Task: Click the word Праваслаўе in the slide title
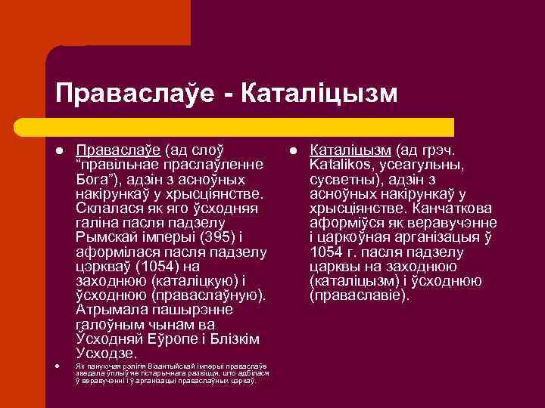coord(134,92)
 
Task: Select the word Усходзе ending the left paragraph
coord(106,353)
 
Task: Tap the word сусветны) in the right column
coord(340,179)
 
